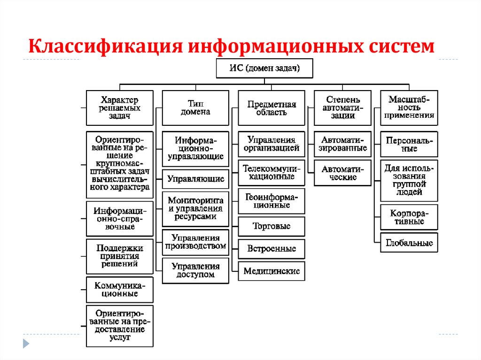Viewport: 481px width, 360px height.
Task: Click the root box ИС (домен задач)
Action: click(264, 69)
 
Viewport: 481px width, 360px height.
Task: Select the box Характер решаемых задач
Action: click(120, 107)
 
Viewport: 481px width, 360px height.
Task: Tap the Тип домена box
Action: click(195, 107)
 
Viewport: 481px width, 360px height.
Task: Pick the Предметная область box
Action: click(272, 107)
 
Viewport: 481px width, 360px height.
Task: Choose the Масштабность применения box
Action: click(409, 107)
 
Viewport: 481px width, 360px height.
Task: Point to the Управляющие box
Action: click(195, 179)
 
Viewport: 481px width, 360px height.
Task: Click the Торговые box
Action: click(272, 226)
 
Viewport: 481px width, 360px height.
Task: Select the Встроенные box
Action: click(272, 249)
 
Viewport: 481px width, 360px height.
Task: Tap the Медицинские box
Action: click(272, 271)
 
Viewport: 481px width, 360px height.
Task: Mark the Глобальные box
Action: click(409, 243)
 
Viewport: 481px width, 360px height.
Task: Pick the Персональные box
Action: click(409, 145)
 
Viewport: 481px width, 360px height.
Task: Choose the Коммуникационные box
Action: click(120, 289)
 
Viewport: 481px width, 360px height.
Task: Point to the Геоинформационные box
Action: click(272, 201)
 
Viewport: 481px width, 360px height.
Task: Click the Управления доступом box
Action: click(195, 270)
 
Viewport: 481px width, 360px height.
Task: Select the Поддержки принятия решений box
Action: click(120, 256)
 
